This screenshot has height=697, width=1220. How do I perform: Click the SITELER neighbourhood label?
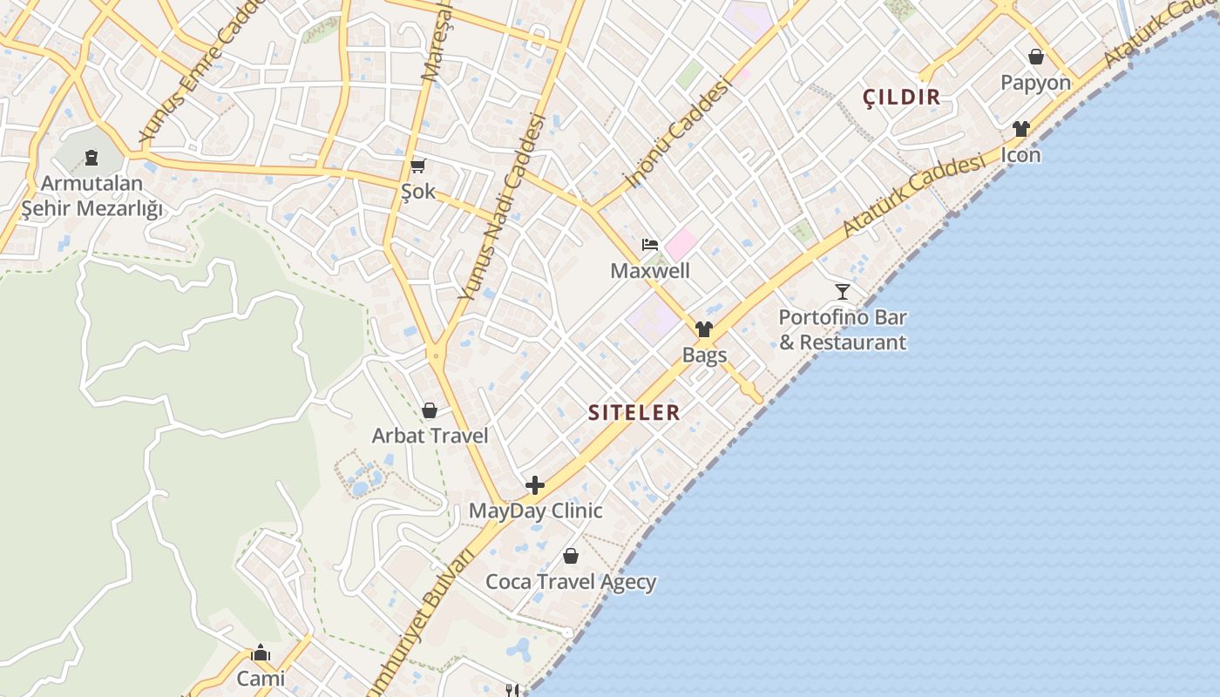[634, 412]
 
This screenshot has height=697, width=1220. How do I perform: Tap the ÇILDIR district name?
[902, 97]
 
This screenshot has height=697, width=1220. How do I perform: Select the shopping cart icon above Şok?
[418, 166]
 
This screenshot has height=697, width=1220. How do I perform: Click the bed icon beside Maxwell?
[650, 245]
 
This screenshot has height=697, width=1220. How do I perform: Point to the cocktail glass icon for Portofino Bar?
[842, 291]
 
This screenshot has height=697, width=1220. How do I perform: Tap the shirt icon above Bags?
[704, 329]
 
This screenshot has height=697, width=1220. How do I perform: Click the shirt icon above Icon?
[1021, 129]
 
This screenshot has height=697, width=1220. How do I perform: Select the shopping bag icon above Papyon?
[1036, 57]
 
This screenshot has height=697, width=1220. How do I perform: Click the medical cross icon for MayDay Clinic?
[535, 485]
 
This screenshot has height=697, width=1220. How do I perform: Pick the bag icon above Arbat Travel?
[430, 410]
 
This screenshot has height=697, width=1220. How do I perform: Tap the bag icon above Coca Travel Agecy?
[571, 556]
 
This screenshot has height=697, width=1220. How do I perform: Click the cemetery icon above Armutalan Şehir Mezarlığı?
[91, 159]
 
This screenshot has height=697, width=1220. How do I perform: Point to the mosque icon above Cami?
[261, 653]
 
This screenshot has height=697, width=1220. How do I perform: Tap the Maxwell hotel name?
[650, 271]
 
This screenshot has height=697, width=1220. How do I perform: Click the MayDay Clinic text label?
[535, 511]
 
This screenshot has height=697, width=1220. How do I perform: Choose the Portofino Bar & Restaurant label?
[843, 329]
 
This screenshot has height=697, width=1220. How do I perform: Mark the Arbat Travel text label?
[430, 436]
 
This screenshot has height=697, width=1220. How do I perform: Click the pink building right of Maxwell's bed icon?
[681, 244]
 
